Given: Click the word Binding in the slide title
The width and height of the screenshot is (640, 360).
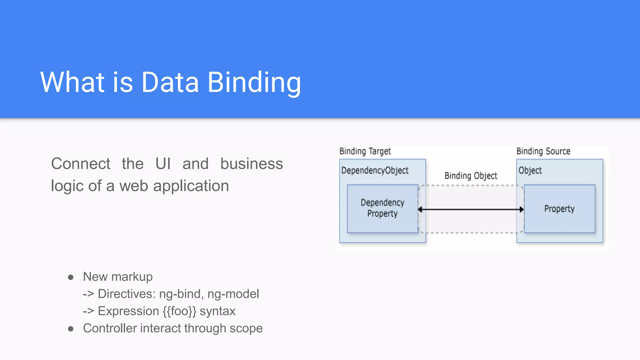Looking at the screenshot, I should pyautogui.click(x=254, y=82).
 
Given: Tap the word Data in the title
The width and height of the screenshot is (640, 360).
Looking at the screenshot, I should pyautogui.click(x=170, y=82).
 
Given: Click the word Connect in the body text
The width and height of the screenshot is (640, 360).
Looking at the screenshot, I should pyautogui.click(x=81, y=164).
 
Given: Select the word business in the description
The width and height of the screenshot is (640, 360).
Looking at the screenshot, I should pyautogui.click(x=252, y=164).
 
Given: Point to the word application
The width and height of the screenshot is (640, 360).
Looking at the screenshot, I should pyautogui.click(x=191, y=186).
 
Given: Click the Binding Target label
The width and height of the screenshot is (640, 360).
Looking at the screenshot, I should pyautogui.click(x=365, y=152).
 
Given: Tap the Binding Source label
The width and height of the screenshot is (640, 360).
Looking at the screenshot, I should pyautogui.click(x=543, y=152).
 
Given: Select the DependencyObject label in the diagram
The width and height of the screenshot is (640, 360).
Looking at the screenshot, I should pyautogui.click(x=375, y=171).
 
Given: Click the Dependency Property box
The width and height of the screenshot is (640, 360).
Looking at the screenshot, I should pyautogui.click(x=382, y=208).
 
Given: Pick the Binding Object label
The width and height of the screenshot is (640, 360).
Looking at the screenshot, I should pyautogui.click(x=471, y=176).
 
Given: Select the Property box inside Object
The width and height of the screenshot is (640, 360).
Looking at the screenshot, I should pyautogui.click(x=559, y=209).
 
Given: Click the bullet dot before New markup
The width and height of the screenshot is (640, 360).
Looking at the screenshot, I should pyautogui.click(x=71, y=277).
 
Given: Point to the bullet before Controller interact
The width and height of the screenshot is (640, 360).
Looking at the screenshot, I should pyautogui.click(x=71, y=329).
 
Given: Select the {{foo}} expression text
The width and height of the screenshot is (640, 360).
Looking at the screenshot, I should pyautogui.click(x=179, y=311).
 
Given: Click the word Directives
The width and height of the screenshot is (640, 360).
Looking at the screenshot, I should pyautogui.click(x=127, y=294).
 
